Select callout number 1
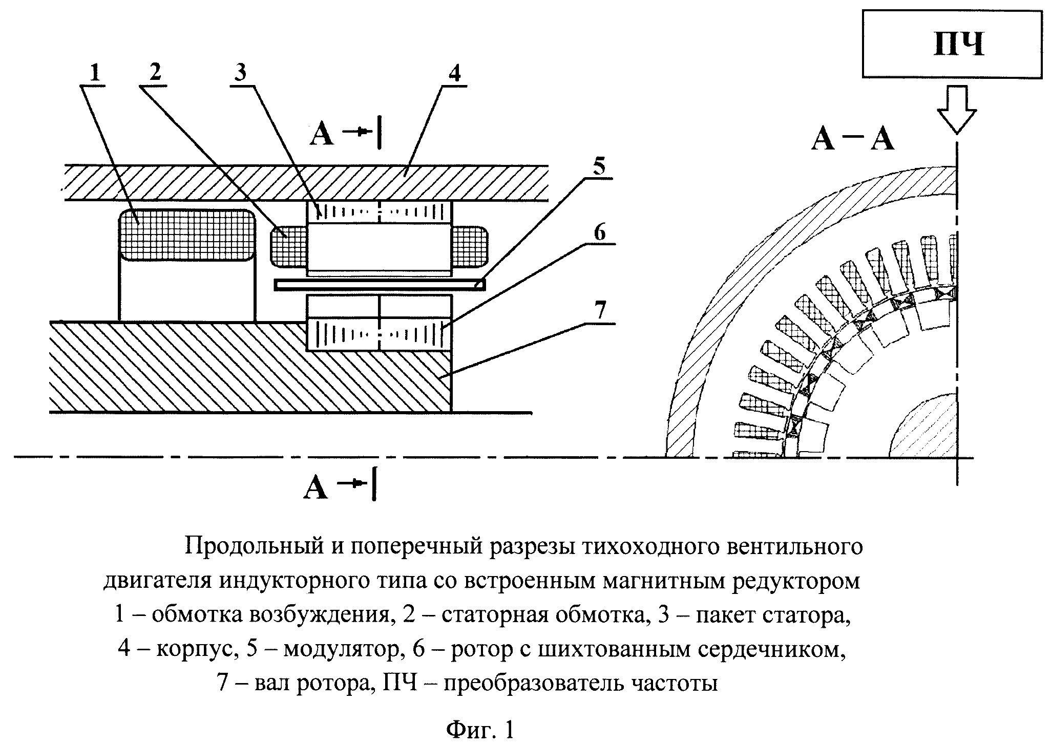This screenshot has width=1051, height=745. [94, 73]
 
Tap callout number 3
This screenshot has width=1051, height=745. [240, 73]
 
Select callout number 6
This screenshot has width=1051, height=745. [599, 232]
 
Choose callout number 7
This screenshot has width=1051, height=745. [599, 310]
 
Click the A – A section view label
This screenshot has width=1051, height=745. [852, 139]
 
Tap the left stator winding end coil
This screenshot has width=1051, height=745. [288, 246]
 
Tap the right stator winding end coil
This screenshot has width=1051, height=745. [469, 246]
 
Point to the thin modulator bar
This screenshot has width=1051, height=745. [379, 284]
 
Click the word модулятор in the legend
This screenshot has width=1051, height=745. [341, 650]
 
